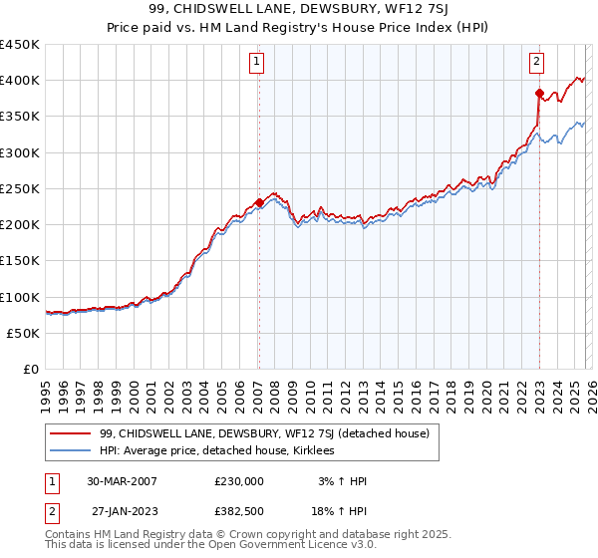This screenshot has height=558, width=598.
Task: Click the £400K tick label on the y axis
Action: pos(20,81)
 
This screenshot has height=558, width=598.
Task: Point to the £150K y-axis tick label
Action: pos(20,261)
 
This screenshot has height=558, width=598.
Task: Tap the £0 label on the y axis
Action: pos(31,370)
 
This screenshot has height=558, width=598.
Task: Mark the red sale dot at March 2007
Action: pos(259,203)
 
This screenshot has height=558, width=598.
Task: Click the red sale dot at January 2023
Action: pos(539,94)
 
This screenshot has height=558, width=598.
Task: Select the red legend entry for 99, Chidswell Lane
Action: pos(264,433)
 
